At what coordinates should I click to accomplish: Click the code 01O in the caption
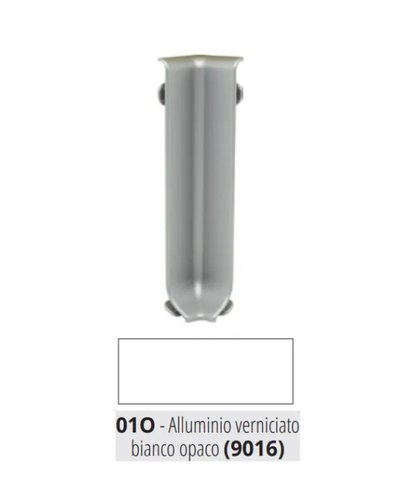point(135,426)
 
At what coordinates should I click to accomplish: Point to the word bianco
point(149,449)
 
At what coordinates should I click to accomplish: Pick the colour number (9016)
point(254,449)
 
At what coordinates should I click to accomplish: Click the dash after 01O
point(161,427)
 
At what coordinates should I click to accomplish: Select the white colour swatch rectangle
point(206,371)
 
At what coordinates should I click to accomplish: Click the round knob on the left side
point(161,93)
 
